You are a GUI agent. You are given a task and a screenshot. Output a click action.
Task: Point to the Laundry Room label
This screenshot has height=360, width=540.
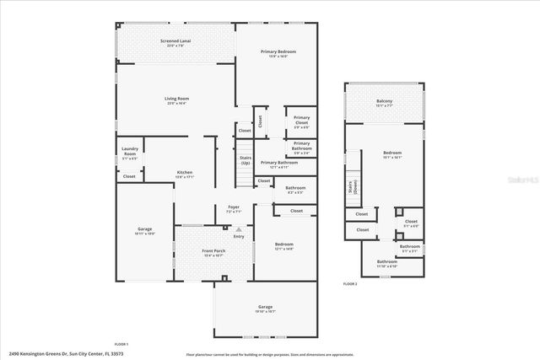(x=129, y=153)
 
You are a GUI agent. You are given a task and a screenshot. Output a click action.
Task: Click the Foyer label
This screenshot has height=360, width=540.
(x=233, y=208)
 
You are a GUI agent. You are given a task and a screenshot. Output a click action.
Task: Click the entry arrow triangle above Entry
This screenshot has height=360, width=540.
(x=238, y=228)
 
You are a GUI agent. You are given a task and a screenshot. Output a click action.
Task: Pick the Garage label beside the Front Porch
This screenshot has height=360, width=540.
(x=145, y=230)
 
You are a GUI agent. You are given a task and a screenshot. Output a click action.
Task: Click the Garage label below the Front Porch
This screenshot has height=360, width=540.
(x=265, y=308)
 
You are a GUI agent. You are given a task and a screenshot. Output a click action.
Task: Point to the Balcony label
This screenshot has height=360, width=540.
(x=384, y=103)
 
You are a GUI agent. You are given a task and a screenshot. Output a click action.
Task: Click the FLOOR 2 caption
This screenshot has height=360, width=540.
(x=349, y=284)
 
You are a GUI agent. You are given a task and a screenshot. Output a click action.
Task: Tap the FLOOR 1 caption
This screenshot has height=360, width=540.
(x=121, y=344)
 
